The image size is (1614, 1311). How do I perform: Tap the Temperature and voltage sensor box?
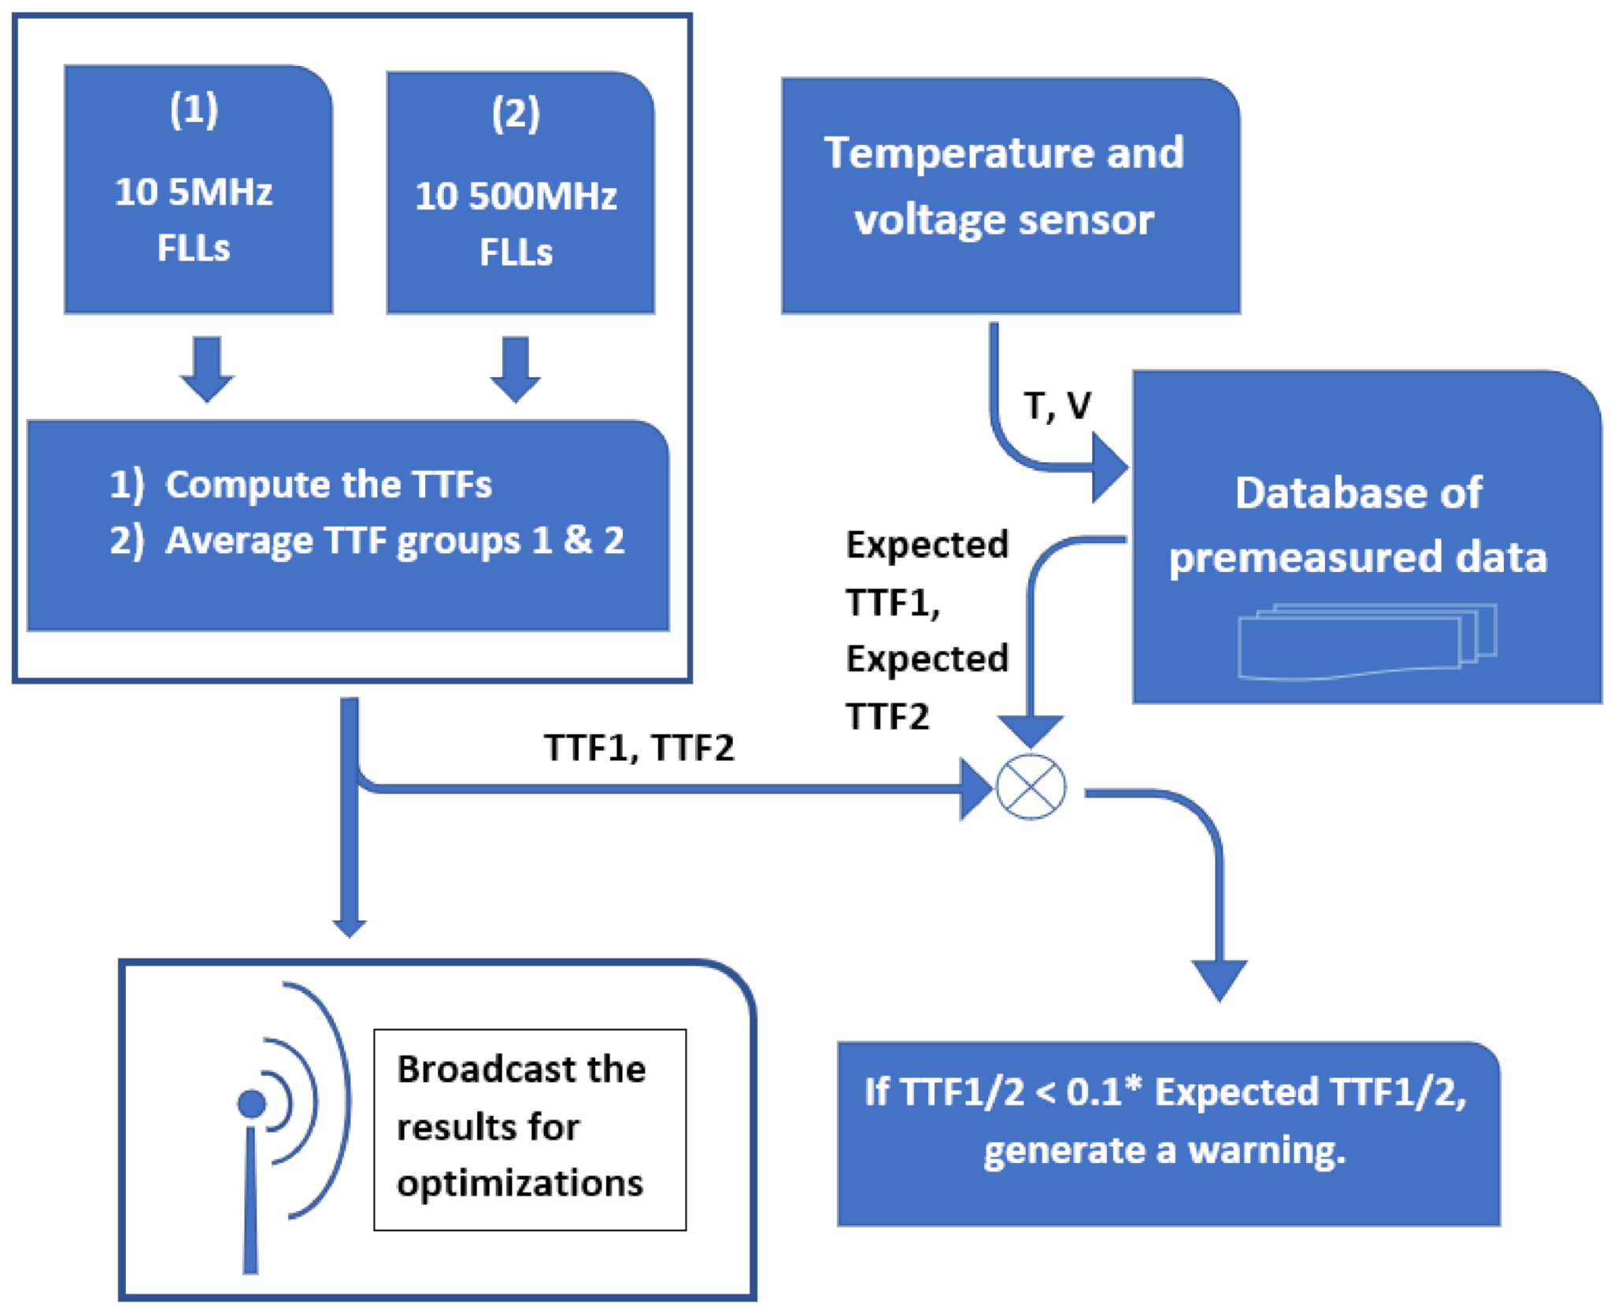1009,195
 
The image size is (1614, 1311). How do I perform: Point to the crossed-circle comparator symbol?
1031,787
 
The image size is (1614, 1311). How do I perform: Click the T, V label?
1057,406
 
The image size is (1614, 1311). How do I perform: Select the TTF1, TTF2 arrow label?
639,748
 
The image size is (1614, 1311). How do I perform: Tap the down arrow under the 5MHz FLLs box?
206,370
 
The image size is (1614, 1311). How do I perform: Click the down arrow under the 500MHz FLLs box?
515,370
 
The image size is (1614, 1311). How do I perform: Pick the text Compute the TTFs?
328,484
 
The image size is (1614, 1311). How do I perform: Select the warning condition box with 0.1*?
1168,1133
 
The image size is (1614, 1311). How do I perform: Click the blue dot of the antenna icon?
252,1103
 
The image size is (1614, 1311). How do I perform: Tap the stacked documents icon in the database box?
1366,641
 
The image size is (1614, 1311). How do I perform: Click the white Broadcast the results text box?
529,1128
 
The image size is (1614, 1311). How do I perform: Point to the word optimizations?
520,1184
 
